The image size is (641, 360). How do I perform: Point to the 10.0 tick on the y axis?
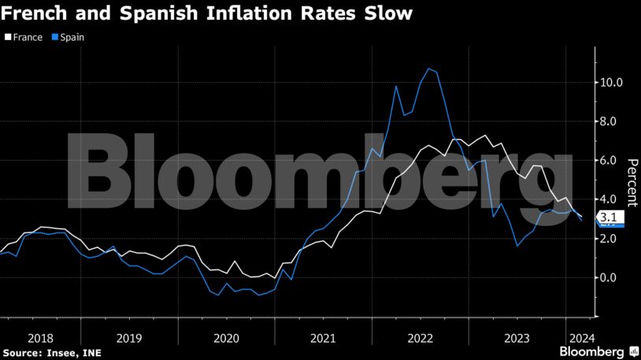pos(611,82)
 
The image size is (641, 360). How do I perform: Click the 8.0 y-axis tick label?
pos(611,121)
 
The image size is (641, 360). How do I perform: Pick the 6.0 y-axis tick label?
pos(611,160)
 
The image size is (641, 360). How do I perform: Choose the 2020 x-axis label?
pos(226,337)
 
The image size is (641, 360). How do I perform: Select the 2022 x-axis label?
pos(421,337)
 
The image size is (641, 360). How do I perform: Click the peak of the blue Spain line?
pos(428,69)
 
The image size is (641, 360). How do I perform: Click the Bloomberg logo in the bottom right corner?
pos(597,351)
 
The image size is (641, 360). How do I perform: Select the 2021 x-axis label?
pos(324,337)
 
